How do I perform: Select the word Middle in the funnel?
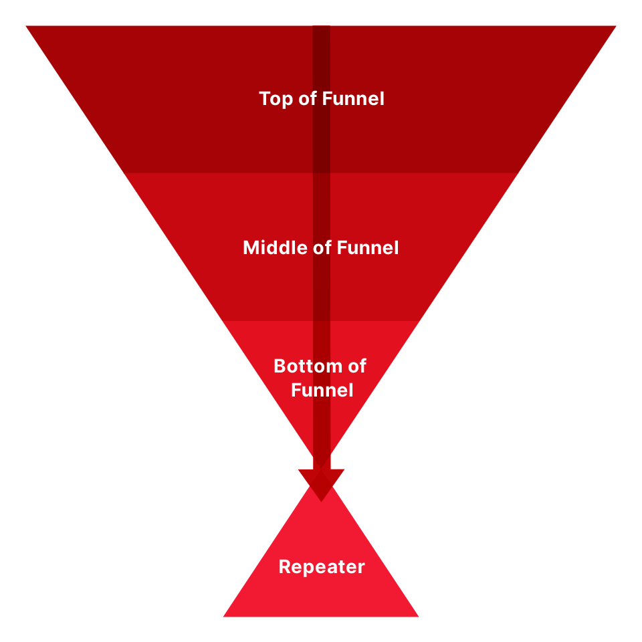coord(268,248)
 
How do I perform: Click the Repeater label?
coord(322,568)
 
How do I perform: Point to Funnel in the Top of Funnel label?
coord(353,99)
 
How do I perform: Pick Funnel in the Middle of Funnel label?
coord(368,248)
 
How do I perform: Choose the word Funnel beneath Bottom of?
coord(322,390)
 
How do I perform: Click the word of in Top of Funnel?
coord(305,100)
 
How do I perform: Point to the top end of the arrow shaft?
coord(321,28)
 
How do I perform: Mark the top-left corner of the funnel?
coord(27,27)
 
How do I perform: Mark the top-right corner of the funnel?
coord(615,27)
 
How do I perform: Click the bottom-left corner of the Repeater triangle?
coord(225,615)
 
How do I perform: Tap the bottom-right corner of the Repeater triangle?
coord(417,615)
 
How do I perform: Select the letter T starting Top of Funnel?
coord(264,99)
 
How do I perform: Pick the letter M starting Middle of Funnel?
coord(251,248)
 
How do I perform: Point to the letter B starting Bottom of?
coord(280,366)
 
